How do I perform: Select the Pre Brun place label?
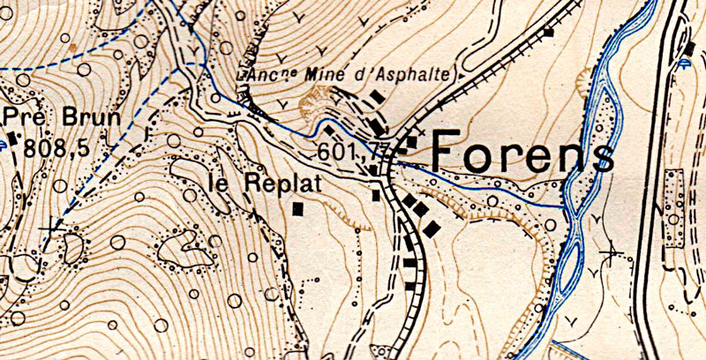pos(53,117)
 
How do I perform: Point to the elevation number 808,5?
pos(56,148)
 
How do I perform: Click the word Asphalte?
pos(412,76)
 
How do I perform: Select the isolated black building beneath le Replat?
pos(298,209)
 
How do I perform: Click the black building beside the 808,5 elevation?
pos(13,138)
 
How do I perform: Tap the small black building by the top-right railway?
pos(548,33)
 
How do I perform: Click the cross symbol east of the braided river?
pos(609,253)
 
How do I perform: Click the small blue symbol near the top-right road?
pos(687,63)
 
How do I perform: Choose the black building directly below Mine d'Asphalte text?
pos(377,95)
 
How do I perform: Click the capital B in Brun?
pos(70,117)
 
